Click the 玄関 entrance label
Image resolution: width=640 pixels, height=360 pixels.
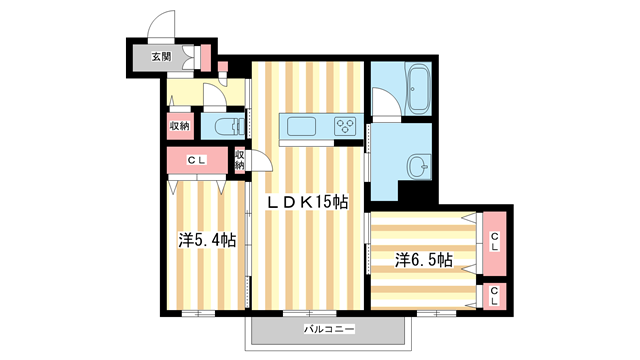tap(161, 57)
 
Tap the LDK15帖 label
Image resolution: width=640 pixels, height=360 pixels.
tap(307, 202)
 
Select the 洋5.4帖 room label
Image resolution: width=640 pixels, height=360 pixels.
tap(207, 240)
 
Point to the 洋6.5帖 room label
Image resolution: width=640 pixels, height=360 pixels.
tap(423, 260)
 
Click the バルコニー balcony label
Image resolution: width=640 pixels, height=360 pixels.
tap(329, 329)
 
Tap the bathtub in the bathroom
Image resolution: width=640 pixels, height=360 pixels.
tap(418, 88)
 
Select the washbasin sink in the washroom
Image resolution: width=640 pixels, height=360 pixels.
tap(419, 167)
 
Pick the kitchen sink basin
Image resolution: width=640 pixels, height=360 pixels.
tap(301, 127)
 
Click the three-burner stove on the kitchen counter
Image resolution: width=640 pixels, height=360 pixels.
tap(345, 126)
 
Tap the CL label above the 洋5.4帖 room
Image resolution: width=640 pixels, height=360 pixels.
tap(197, 160)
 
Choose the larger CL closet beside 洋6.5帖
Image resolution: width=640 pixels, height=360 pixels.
tap(494, 243)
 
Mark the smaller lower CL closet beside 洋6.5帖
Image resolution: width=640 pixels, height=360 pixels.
tap(494, 296)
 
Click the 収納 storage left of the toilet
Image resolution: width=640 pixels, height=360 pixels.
tap(180, 126)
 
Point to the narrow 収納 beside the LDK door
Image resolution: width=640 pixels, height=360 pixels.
tap(240, 160)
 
